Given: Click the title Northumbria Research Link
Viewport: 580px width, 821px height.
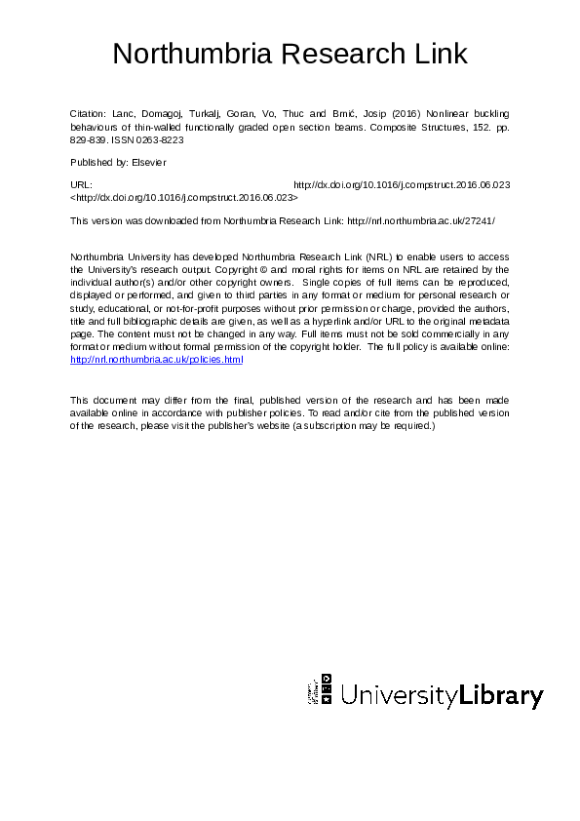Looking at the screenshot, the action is (x=290, y=53).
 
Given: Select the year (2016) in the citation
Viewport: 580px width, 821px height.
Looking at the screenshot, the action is (x=405, y=114).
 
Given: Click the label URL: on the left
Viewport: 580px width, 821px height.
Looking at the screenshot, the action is (x=82, y=183).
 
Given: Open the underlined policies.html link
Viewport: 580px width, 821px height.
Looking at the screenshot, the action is (x=157, y=360).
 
